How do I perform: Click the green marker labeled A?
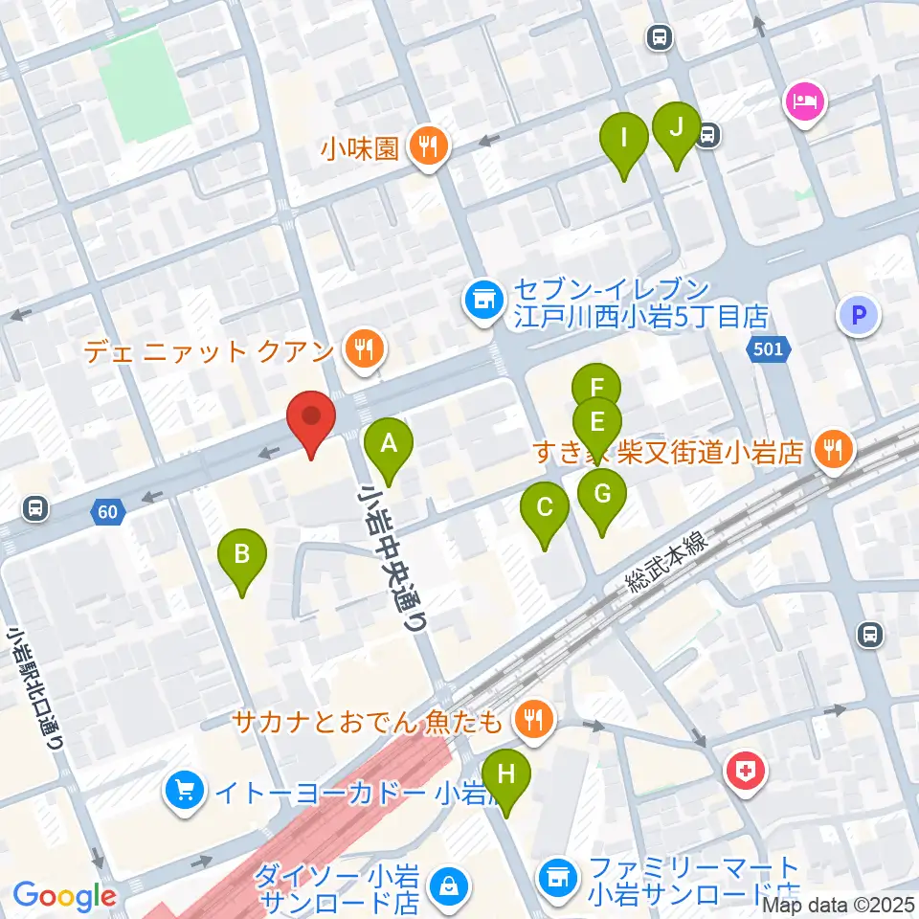tap(389, 445)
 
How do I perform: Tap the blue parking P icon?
tap(859, 316)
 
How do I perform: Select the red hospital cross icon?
tap(747, 771)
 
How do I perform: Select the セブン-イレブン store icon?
tap(482, 301)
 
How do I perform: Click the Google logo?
tap(64, 896)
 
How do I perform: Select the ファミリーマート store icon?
tap(557, 874)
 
